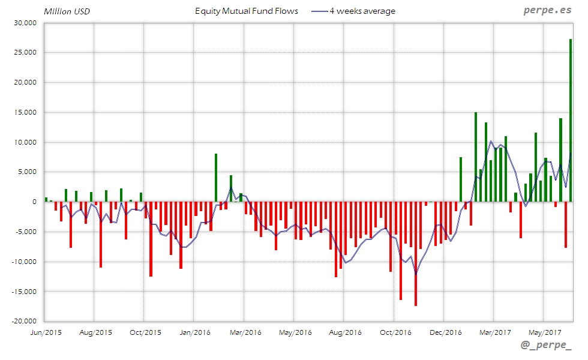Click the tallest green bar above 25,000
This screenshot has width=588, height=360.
(570, 120)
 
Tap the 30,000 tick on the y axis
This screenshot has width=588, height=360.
(25, 23)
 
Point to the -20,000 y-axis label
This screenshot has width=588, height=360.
(23, 321)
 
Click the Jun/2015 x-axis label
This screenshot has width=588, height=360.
(45, 332)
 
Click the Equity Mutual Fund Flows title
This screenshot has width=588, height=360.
(247, 11)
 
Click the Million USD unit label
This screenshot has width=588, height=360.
(67, 11)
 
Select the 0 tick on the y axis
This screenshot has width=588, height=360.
(35, 202)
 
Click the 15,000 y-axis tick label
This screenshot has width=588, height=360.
(25, 112)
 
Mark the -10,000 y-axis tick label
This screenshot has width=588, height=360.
(23, 262)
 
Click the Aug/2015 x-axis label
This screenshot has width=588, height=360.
(95, 332)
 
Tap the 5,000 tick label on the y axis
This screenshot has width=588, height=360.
(28, 172)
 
